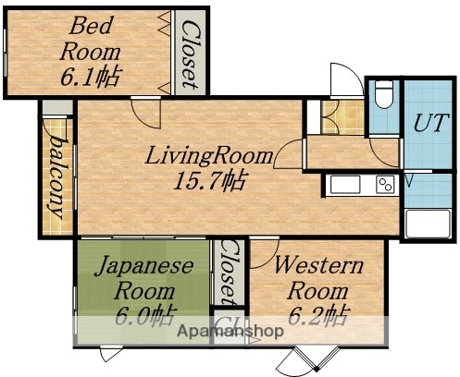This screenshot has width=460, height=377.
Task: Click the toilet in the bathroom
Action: (x=381, y=95)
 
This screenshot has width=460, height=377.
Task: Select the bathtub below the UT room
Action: (x=428, y=222)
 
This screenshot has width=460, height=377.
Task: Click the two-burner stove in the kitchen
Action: (x=383, y=186)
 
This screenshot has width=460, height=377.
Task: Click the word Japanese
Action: (x=145, y=266)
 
